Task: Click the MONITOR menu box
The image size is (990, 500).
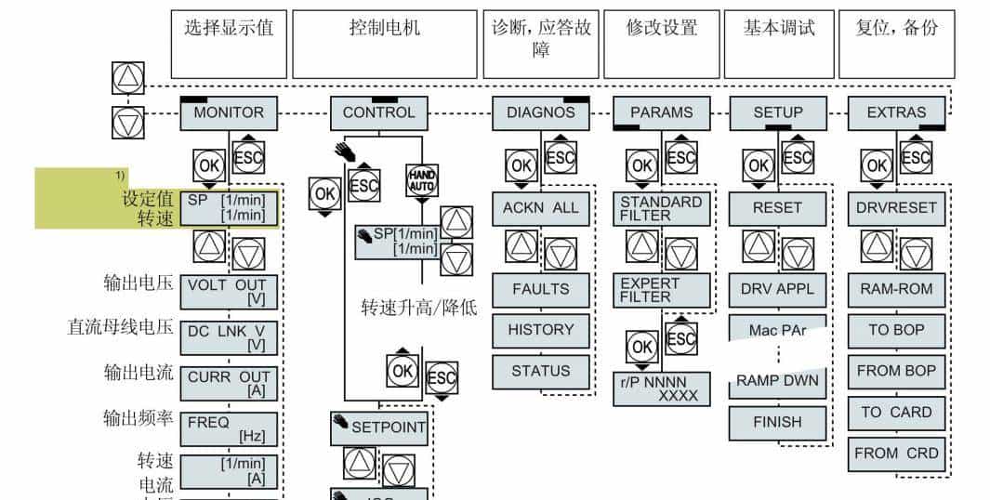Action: (x=229, y=113)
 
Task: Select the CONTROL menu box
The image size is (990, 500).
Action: (x=378, y=113)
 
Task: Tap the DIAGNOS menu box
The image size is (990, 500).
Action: (x=540, y=113)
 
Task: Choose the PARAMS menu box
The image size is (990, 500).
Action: (x=661, y=113)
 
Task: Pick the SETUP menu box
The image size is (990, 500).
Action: (x=777, y=113)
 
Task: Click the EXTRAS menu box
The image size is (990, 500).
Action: (x=896, y=113)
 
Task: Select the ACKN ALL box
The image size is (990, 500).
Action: (x=540, y=209)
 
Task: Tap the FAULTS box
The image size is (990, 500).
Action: (x=540, y=289)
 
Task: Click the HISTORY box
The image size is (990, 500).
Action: (x=540, y=330)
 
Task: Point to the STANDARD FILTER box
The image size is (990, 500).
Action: (x=661, y=209)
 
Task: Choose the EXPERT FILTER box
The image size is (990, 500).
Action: (x=661, y=290)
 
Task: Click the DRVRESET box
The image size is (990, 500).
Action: (x=896, y=209)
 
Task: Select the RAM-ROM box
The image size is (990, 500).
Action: (x=896, y=289)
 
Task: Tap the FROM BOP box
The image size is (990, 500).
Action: (x=896, y=371)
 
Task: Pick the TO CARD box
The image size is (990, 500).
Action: (x=896, y=413)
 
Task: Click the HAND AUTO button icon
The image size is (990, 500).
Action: (x=421, y=180)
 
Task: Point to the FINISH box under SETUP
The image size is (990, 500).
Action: (x=777, y=422)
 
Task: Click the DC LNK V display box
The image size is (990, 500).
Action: (x=229, y=336)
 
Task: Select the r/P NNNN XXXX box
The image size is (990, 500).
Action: (x=661, y=389)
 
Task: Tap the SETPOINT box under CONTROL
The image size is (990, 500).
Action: (x=379, y=428)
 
